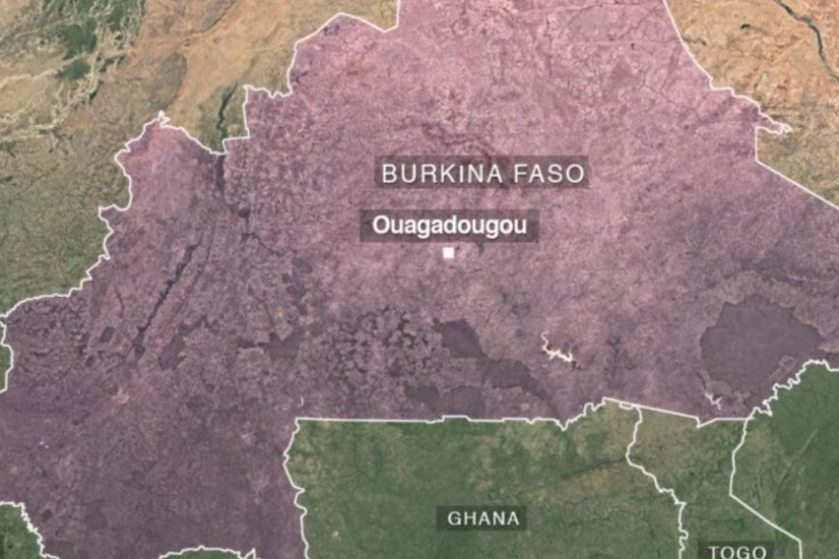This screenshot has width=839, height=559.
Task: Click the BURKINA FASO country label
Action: (x=483, y=174)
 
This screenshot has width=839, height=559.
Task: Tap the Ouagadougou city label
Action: (x=448, y=226)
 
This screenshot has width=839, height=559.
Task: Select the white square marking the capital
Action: (x=448, y=253)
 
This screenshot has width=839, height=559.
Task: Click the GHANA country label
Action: (x=484, y=519)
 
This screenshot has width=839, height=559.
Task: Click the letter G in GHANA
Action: (x=453, y=519)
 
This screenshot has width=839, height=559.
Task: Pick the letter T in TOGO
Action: (x=715, y=551)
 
